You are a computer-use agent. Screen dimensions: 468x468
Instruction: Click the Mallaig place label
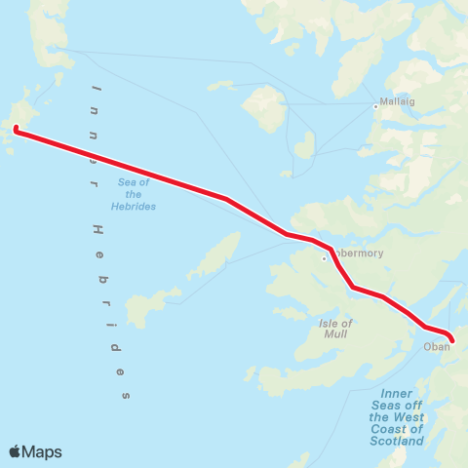coord(397,100)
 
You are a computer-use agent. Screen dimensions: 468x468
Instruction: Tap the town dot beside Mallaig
coord(376,106)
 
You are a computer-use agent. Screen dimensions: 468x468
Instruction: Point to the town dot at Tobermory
coord(325,258)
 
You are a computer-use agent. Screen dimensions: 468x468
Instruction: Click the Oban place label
coord(437,346)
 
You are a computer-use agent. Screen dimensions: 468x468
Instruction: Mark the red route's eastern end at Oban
coord(451,340)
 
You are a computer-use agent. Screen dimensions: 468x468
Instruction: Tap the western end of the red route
coord(17,128)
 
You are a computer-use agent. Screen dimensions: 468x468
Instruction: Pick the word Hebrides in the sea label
coord(134,206)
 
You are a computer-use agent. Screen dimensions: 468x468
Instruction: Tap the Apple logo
coord(16,451)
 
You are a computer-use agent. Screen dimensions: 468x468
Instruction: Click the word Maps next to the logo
coord(43,451)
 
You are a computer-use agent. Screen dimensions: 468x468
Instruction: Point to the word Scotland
coord(397,441)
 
